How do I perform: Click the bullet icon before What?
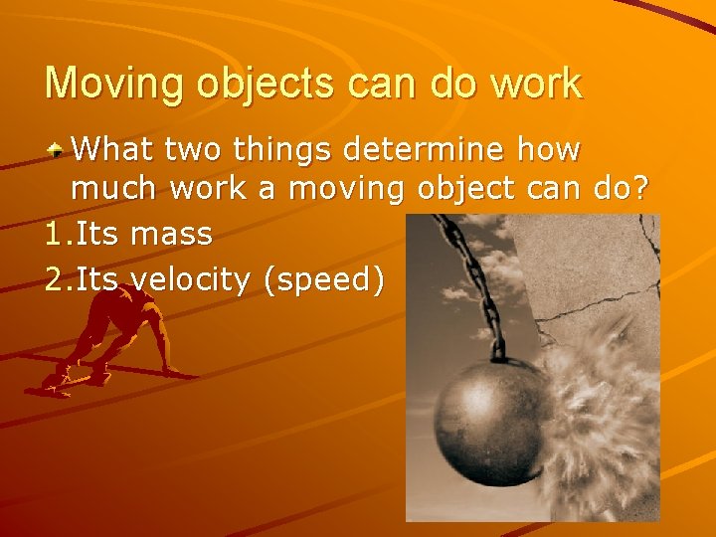tap(59, 152)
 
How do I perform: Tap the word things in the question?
tap(284, 151)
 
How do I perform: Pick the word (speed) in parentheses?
tap(323, 281)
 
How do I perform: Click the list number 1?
tap(54, 235)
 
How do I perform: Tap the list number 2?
tap(54, 281)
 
